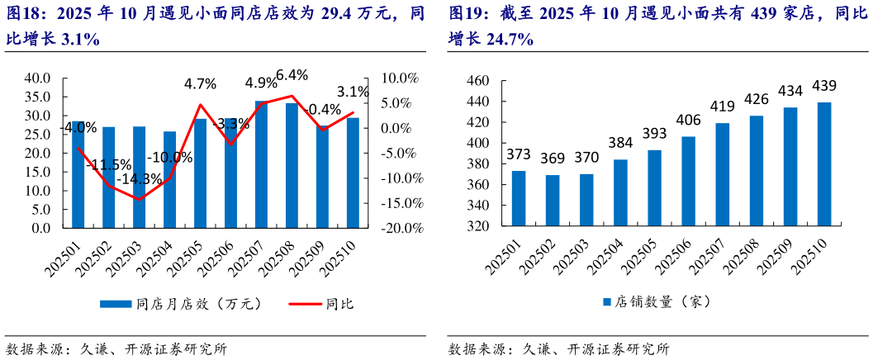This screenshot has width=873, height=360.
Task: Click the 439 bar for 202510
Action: point(823,164)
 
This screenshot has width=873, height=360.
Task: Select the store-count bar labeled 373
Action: point(519,198)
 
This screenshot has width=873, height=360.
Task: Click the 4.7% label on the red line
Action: point(200,83)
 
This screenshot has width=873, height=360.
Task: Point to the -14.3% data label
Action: point(139,178)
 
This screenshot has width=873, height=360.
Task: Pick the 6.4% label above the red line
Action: point(292,75)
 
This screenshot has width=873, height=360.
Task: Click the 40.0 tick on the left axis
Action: point(38,78)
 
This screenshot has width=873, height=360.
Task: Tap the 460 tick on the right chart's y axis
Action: point(478,81)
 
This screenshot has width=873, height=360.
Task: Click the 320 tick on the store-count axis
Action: point(478,226)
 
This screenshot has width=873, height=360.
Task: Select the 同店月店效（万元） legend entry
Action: point(181,304)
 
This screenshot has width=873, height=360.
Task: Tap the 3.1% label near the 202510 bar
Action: point(353,92)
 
